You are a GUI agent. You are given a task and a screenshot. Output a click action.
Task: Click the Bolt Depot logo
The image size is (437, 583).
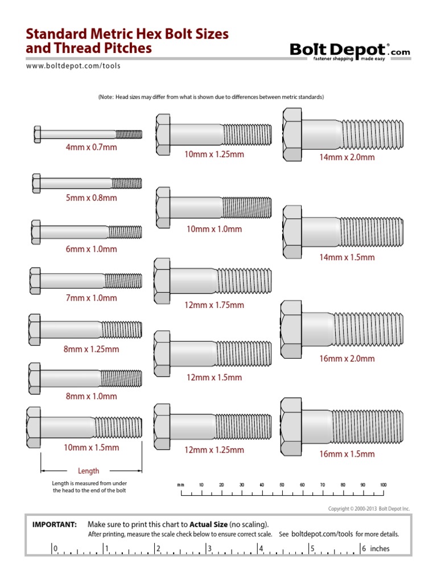[x=349, y=51]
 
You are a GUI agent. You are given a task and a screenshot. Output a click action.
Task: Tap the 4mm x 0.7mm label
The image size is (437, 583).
[x=91, y=147]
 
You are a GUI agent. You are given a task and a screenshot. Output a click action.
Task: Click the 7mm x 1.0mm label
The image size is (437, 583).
[x=91, y=298]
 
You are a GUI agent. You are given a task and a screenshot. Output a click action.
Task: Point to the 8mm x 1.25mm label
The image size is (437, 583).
[x=91, y=349]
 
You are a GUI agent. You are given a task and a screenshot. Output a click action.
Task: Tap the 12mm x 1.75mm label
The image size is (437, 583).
[x=214, y=305]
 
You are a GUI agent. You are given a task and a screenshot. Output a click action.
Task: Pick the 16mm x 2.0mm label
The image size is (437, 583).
[x=347, y=359]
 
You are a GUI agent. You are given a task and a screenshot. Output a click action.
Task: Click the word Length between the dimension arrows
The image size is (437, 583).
[x=88, y=471]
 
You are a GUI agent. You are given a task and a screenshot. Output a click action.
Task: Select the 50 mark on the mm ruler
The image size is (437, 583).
[x=282, y=485]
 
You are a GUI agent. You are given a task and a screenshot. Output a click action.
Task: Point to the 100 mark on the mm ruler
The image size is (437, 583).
[x=383, y=485]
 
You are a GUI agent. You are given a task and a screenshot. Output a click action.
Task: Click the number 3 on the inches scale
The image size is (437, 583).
[x=210, y=549]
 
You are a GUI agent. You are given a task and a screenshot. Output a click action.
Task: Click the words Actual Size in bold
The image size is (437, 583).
[x=208, y=524]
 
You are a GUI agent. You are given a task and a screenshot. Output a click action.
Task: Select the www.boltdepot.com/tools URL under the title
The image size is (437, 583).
[x=73, y=65]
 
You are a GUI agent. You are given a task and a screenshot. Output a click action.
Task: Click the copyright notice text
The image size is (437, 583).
[x=369, y=508]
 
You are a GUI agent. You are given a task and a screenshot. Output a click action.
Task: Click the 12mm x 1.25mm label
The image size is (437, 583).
[x=214, y=450]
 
